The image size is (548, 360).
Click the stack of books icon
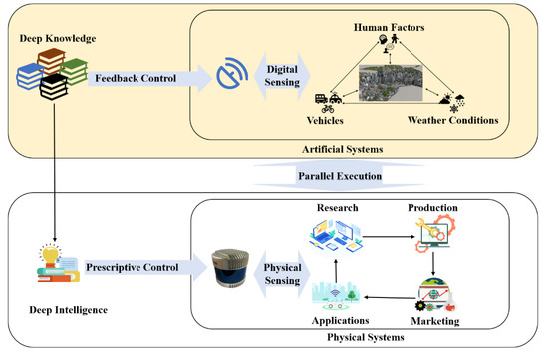click(42, 82)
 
